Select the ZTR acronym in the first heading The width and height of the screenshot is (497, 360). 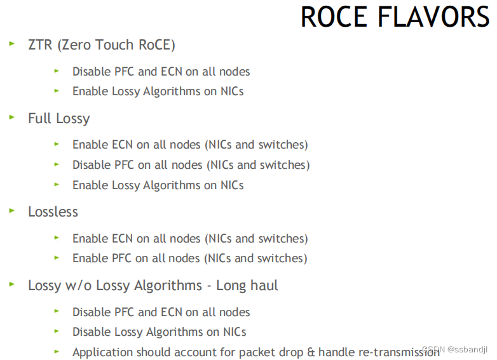[x=40, y=45]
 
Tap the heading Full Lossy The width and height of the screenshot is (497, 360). [x=59, y=119]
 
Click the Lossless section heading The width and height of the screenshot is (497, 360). [x=53, y=211]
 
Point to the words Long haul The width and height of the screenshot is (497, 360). [x=247, y=286]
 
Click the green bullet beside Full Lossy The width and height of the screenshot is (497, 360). [x=11, y=117]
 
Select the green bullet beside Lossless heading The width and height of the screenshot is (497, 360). [x=11, y=211]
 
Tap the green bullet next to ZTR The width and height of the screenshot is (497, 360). [x=11, y=44]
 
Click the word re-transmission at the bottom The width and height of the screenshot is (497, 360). [x=395, y=352]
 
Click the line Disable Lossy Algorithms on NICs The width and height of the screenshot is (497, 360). [x=159, y=332]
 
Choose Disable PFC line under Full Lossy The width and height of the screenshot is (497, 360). [x=191, y=165]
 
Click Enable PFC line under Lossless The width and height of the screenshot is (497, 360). [x=189, y=258]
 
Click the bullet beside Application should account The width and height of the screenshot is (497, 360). [x=57, y=351]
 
